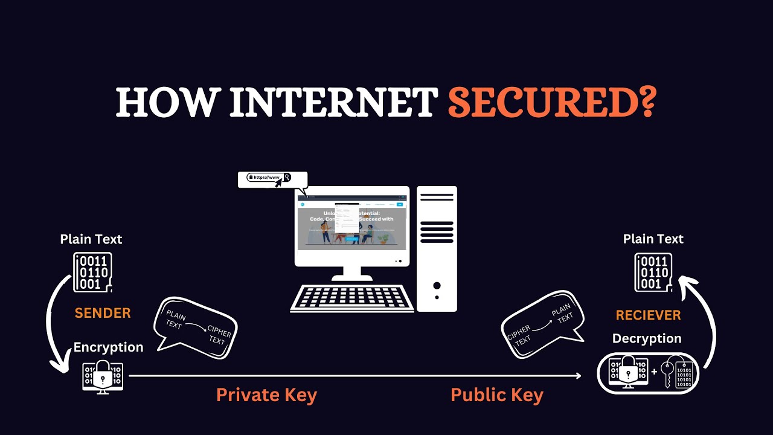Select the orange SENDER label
[103, 313]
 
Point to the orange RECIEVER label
[648, 315]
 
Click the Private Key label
[266, 395]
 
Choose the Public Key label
[497, 395]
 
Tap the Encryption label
[109, 347]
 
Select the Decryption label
[647, 338]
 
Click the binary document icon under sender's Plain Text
[92, 272]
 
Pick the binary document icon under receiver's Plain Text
[653, 272]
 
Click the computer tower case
[437, 248]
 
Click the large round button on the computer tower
[437, 286]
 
